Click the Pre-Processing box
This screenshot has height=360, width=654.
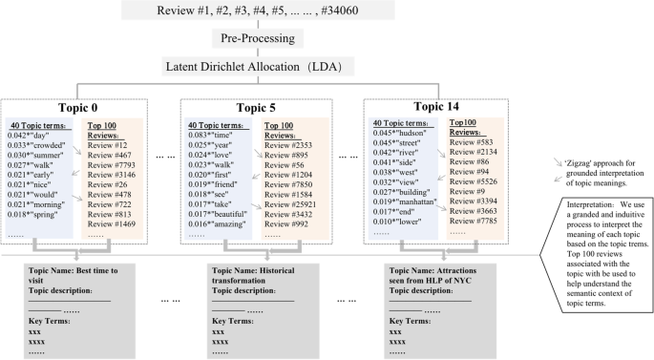263,40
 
